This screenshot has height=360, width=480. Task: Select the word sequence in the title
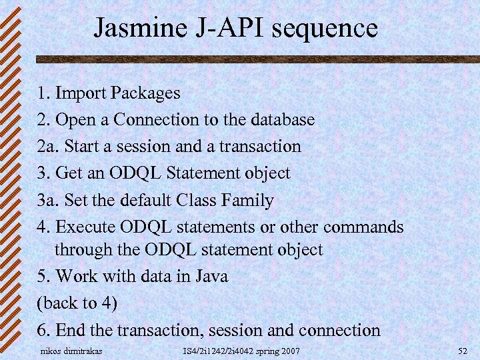[320, 29]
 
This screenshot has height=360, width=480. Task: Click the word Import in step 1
[82, 93]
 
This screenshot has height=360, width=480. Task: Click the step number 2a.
[47, 147]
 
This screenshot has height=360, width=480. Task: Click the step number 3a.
[47, 201]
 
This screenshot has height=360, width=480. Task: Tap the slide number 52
[463, 351]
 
